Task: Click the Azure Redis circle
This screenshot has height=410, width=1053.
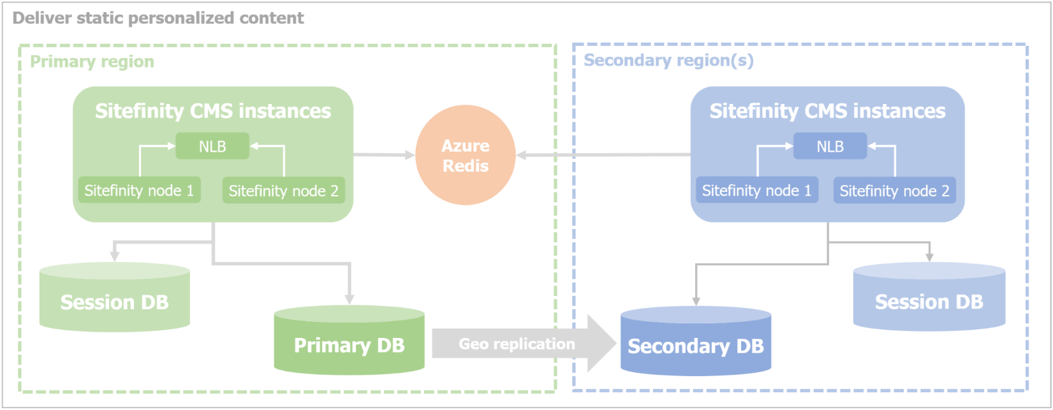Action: point(466,156)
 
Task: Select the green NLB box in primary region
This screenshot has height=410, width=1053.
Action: point(212,147)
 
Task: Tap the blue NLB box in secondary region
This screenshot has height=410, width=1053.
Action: point(830,147)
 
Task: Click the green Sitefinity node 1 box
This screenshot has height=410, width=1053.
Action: point(139,191)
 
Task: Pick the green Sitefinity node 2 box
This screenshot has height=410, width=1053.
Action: point(283,191)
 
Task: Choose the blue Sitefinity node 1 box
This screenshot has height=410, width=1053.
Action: point(756,191)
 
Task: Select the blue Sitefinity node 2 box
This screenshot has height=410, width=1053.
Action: point(894,191)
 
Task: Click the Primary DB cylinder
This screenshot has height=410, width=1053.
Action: point(349,345)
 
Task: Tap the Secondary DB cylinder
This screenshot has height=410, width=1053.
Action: point(695,346)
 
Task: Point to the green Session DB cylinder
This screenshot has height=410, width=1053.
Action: point(115,302)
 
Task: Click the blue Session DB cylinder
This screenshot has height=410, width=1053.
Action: point(929,302)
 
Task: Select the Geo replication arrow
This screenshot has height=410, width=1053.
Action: point(517,344)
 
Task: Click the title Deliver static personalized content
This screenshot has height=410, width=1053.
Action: point(158,18)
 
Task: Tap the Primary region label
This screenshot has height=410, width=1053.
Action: point(92,62)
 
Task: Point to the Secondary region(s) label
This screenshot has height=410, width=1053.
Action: point(668,61)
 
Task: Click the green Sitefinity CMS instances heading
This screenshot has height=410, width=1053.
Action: point(213,111)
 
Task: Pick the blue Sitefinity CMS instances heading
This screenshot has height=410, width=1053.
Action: point(827,111)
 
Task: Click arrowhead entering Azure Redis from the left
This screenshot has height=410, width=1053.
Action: point(410,155)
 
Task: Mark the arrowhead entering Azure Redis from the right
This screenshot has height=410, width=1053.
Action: point(521,155)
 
